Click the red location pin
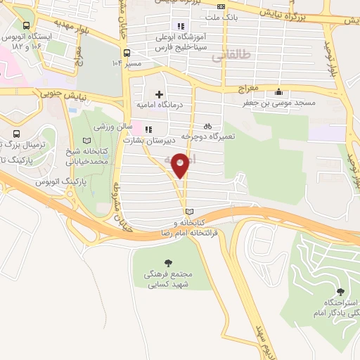tap(181, 165)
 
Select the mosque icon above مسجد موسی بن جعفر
tap(280, 91)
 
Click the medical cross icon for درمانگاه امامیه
tap(160, 94)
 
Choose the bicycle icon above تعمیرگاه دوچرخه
tap(207, 124)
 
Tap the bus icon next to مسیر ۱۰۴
tap(126, 52)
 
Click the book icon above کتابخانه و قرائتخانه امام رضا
tap(188, 211)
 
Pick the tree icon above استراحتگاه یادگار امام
tap(341, 291)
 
